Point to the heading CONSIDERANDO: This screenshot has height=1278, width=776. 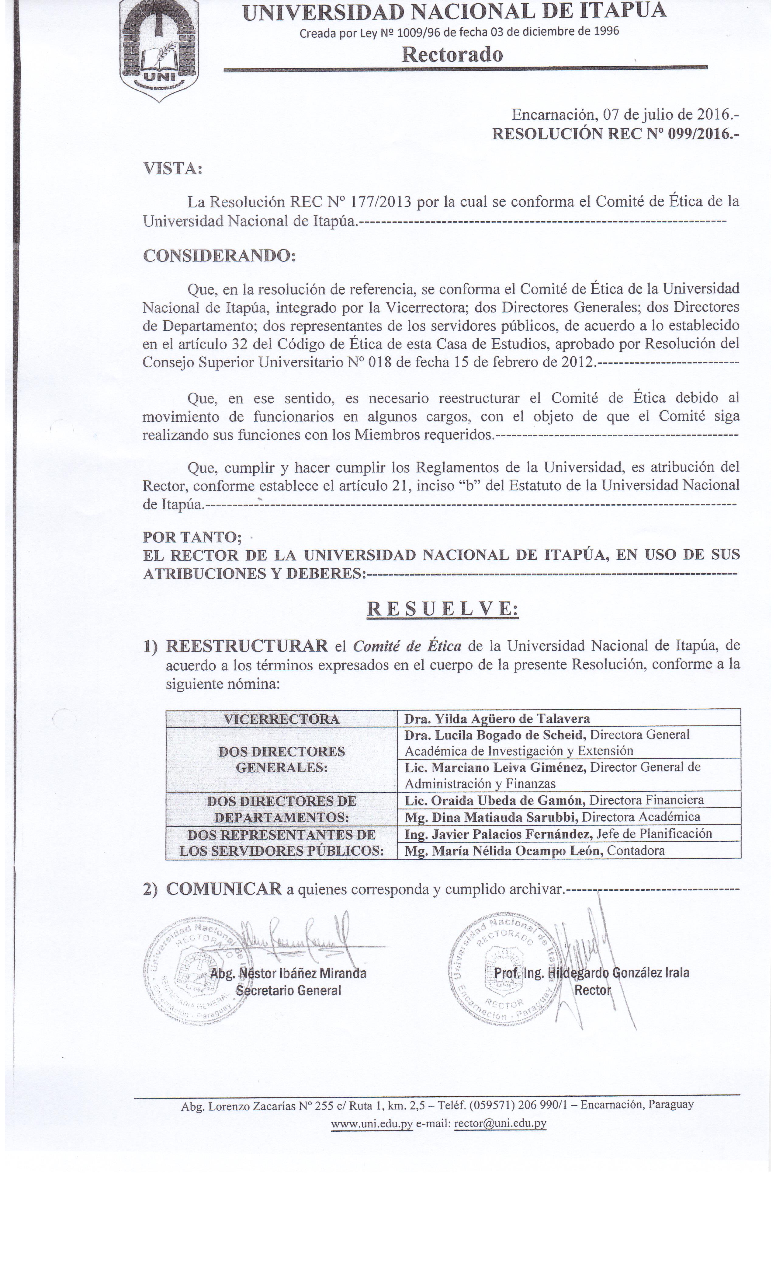(x=219, y=256)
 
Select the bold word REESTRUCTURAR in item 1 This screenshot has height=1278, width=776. (x=246, y=646)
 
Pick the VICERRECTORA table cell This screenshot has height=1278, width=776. (x=282, y=719)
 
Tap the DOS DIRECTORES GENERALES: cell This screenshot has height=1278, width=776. (x=282, y=759)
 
